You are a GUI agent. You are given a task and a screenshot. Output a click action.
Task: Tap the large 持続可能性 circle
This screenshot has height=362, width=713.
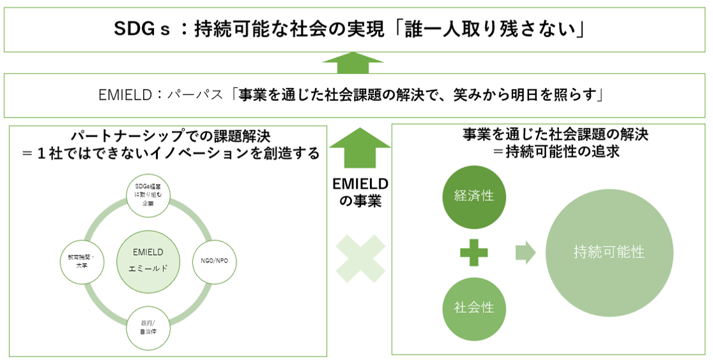(x=609, y=252)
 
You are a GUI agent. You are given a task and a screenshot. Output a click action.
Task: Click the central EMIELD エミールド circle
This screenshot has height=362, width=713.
(x=147, y=260)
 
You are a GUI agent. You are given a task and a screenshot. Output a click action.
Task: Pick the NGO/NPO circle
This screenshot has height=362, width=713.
(x=215, y=260)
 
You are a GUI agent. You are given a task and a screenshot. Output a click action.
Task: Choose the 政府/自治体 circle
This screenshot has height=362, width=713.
(x=148, y=328)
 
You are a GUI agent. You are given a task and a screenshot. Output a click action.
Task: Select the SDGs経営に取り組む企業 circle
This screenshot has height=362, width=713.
(x=148, y=194)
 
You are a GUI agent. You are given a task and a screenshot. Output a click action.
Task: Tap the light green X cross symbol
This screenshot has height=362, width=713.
(x=360, y=259)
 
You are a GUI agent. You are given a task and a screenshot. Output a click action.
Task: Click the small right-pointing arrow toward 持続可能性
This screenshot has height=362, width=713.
(x=525, y=252)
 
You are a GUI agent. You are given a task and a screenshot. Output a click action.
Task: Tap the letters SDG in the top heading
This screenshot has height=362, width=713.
(x=136, y=29)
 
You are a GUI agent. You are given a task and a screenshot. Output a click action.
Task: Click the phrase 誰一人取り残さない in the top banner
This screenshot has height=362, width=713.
(x=492, y=29)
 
